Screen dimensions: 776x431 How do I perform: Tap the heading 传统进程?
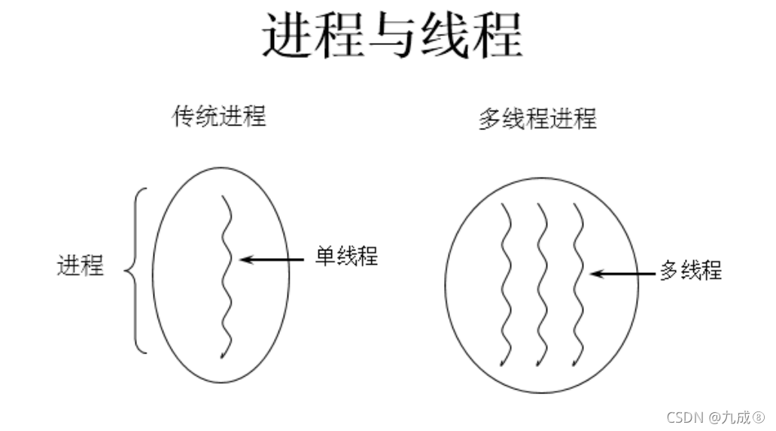[219, 117]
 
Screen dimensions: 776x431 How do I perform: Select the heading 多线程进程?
[537, 119]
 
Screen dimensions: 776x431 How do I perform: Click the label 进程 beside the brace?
[81, 266]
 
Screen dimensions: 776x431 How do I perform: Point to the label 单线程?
[346, 256]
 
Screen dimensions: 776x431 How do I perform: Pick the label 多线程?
[690, 270]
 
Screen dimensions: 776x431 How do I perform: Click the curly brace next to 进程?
[136, 269]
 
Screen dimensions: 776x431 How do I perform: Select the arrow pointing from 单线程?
[275, 260]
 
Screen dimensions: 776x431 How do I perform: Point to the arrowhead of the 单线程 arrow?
[244, 260]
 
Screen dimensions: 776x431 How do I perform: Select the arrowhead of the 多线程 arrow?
[595, 274]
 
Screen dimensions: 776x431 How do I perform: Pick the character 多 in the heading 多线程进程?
[488, 119]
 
